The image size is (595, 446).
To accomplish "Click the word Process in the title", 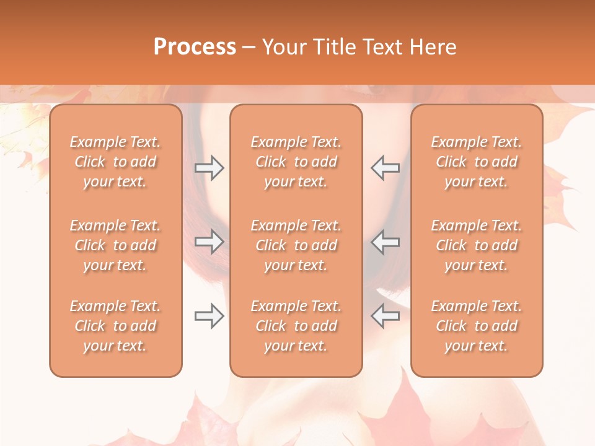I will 195,47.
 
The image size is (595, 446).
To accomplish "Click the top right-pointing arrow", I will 209,168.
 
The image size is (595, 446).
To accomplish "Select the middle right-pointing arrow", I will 209,242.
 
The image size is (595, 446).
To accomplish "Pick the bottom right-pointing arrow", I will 209,316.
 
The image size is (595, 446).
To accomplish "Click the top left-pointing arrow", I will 385,168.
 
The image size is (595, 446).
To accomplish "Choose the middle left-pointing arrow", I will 385,242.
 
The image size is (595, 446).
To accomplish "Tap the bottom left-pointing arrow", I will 385,316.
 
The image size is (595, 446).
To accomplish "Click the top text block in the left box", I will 115,162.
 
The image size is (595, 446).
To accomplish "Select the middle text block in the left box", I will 115,245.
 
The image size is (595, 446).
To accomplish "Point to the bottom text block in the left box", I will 115,326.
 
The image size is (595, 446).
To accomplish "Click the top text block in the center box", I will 296,162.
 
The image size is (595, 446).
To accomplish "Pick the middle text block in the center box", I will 296,245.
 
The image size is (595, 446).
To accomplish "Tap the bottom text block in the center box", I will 296,326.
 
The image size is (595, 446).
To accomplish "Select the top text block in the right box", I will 476,162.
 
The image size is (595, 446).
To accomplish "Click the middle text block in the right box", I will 476,245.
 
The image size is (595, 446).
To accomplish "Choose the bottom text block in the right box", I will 476,326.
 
